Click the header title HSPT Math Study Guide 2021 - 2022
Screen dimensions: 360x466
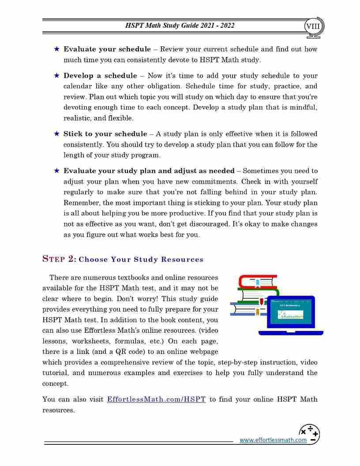point(180,26)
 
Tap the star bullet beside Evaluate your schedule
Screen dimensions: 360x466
point(56,49)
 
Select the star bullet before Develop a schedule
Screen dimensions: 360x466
point(56,75)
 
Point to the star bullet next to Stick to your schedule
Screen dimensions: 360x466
point(56,133)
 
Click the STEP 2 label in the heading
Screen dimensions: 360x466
point(59,259)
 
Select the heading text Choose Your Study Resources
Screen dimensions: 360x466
point(141,259)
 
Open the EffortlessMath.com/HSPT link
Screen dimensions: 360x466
point(156,400)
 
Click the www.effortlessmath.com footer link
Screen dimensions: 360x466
point(273,440)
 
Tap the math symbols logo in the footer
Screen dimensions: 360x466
point(309,434)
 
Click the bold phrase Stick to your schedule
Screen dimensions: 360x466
point(105,134)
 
